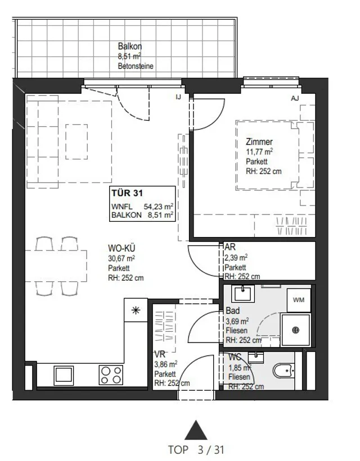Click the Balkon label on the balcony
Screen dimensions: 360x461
click(130, 46)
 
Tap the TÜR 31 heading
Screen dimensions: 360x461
click(127, 193)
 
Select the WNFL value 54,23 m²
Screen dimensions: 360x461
click(158, 207)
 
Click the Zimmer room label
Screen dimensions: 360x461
click(259, 142)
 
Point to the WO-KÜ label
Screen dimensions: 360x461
click(121, 248)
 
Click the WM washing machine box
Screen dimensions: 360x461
click(299, 300)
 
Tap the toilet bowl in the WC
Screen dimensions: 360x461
click(283, 371)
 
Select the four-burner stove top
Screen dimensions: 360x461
click(111, 375)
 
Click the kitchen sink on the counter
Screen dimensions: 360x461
click(64, 376)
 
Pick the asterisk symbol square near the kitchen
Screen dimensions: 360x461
click(136, 310)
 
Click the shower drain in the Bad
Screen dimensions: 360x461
click(295, 330)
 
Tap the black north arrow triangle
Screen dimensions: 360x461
click(196, 430)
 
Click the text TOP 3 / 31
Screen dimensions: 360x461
click(196, 450)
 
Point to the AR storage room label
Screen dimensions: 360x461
click(230, 247)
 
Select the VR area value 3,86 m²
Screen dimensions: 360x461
click(166, 364)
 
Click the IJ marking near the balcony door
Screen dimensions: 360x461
click(178, 97)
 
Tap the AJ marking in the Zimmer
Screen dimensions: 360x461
click(295, 98)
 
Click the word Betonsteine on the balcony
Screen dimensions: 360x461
click(136, 66)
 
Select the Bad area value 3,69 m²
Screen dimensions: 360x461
click(237, 321)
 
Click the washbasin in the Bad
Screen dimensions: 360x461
click(243, 294)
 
